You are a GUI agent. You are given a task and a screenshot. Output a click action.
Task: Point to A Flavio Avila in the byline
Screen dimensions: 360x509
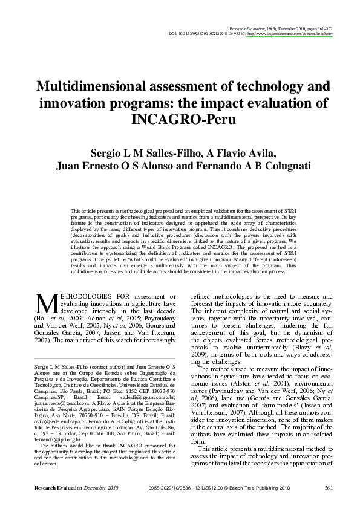click(x=246, y=152)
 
